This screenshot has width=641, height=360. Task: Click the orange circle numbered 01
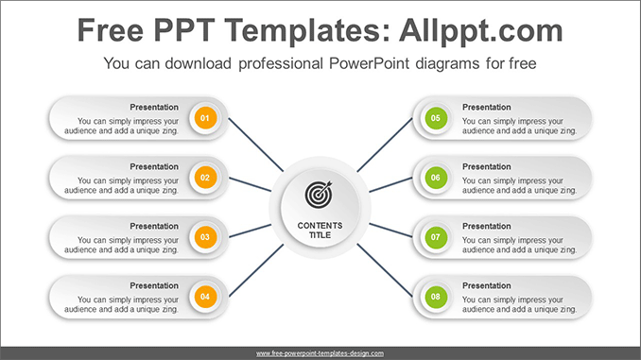click(205, 118)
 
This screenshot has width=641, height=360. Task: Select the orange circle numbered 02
click(205, 177)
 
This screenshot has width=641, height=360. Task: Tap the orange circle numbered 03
click(205, 236)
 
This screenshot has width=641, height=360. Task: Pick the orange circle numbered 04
click(205, 296)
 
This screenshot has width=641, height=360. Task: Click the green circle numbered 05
click(435, 118)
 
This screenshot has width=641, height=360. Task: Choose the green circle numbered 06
click(435, 177)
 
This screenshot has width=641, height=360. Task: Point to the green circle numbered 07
click(435, 236)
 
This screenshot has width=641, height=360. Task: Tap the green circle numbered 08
click(435, 296)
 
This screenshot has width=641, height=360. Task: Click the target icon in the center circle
click(320, 195)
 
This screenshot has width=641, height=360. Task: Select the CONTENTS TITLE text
click(320, 230)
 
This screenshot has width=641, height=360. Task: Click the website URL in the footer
click(320, 353)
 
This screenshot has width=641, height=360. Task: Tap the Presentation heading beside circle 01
click(154, 107)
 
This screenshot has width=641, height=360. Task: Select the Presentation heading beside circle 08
click(486, 285)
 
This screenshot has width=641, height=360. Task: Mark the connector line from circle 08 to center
click(386, 269)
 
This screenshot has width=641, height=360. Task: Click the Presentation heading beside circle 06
click(486, 166)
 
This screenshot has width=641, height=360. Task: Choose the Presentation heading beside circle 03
click(154, 226)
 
